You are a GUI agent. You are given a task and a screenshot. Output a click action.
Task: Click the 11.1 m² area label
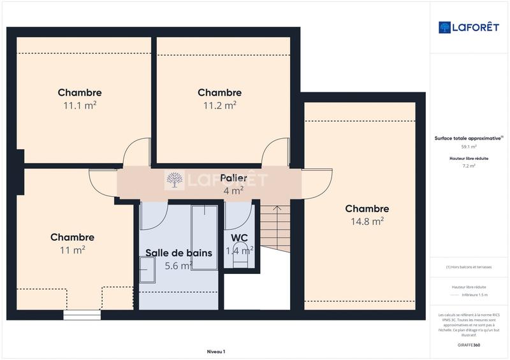click(x=80, y=106)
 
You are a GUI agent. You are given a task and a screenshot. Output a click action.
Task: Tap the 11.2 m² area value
click(x=220, y=106)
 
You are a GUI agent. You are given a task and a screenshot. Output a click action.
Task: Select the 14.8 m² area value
click(x=367, y=222)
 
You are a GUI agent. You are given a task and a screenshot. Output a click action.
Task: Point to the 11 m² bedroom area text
click(x=73, y=250)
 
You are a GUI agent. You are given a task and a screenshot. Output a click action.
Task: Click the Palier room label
click(x=233, y=178)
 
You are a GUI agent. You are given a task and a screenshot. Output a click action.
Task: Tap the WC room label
click(x=240, y=238)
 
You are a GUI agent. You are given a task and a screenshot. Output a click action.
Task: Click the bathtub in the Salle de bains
click(x=204, y=237)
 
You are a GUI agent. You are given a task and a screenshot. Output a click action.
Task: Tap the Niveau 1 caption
click(x=216, y=352)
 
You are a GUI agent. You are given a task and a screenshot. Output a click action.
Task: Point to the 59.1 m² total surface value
click(x=469, y=147)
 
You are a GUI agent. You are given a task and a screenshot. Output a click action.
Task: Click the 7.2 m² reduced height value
click(x=469, y=166)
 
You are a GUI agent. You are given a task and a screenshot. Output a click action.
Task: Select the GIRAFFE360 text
click(x=469, y=344)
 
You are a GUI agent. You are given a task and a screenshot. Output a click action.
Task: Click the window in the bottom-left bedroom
click(x=82, y=315)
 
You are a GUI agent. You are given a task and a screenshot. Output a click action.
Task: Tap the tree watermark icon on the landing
click(x=174, y=181)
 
